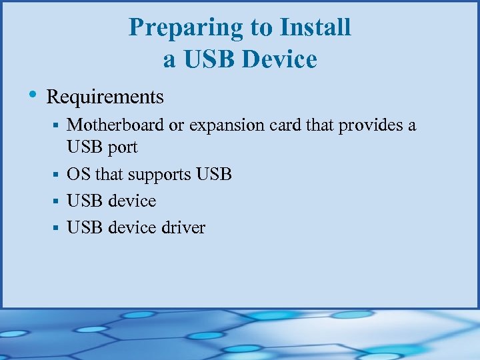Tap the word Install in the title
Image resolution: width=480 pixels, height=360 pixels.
tap(315, 28)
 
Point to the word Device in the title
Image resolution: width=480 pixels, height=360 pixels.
tap(279, 60)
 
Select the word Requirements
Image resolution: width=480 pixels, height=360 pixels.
tap(105, 97)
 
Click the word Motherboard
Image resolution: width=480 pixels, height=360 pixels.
tap(116, 125)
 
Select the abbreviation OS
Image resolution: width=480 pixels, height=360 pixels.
tap(79, 175)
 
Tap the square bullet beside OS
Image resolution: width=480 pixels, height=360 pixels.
tap(57, 175)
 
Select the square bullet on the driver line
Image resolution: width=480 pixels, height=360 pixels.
tap(57, 228)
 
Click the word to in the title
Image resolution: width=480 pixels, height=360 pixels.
tap(262, 29)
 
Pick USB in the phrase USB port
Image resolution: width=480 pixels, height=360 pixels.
tap(84, 147)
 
